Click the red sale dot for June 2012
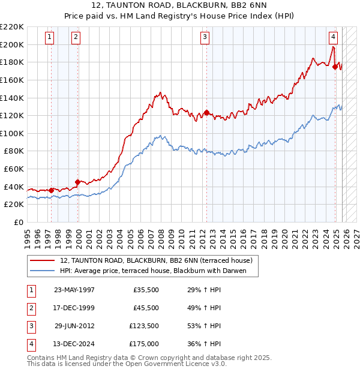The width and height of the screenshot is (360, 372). pos(206,112)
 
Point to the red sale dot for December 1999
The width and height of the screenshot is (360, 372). pos(77,182)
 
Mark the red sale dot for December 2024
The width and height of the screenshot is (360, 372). pos(335,67)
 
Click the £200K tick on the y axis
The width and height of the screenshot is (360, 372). pos(12,44)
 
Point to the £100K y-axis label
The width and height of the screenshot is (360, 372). pos(12,133)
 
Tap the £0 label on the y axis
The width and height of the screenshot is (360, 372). pos(17,222)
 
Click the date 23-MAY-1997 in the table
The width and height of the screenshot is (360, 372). pos(74,290)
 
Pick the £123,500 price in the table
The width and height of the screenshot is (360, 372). pos(143,327)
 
